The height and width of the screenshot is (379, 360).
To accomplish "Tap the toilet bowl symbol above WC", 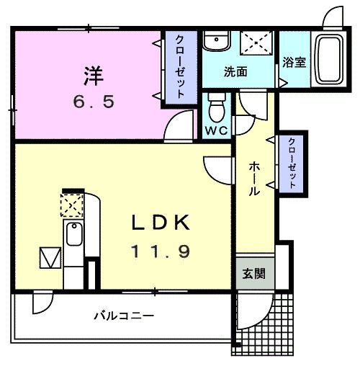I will coord(215,110).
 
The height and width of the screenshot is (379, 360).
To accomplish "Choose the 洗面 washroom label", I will coord(235,71).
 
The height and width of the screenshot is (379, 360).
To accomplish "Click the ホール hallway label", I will coord(255,179).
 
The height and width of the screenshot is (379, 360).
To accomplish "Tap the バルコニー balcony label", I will coord(124,316).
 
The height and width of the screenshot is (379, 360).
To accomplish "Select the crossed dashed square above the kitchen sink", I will coord(72,206).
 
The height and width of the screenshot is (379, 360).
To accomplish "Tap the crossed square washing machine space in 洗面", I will coord(255,43).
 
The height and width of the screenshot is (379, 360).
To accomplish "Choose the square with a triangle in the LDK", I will coord(50,257).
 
